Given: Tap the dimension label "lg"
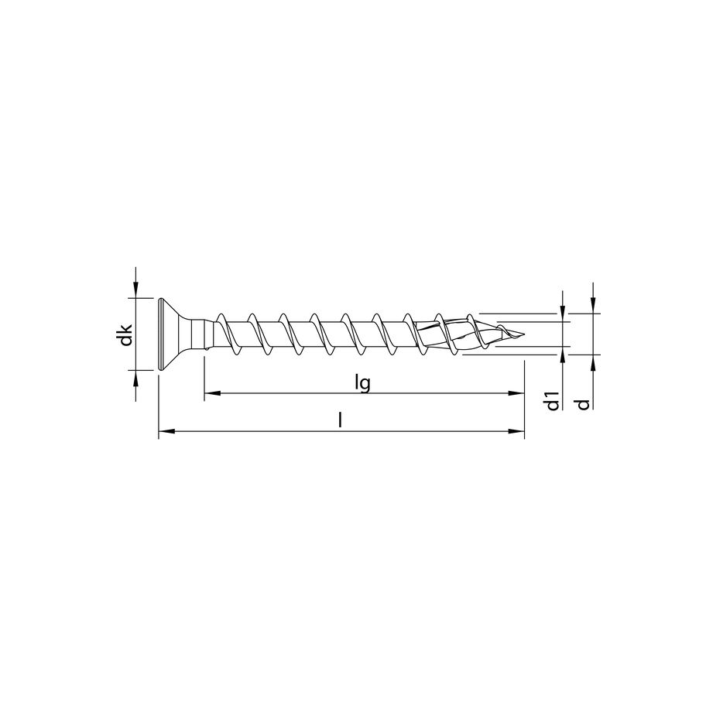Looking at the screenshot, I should tap(360, 383).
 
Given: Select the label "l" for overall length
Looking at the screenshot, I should tap(341, 420).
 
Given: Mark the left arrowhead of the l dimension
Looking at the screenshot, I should tap(163, 431).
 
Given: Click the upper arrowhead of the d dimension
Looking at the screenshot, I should tap(592, 308).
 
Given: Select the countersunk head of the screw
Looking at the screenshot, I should tap(175, 334).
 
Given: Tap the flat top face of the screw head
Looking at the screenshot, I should tap(159, 334).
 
